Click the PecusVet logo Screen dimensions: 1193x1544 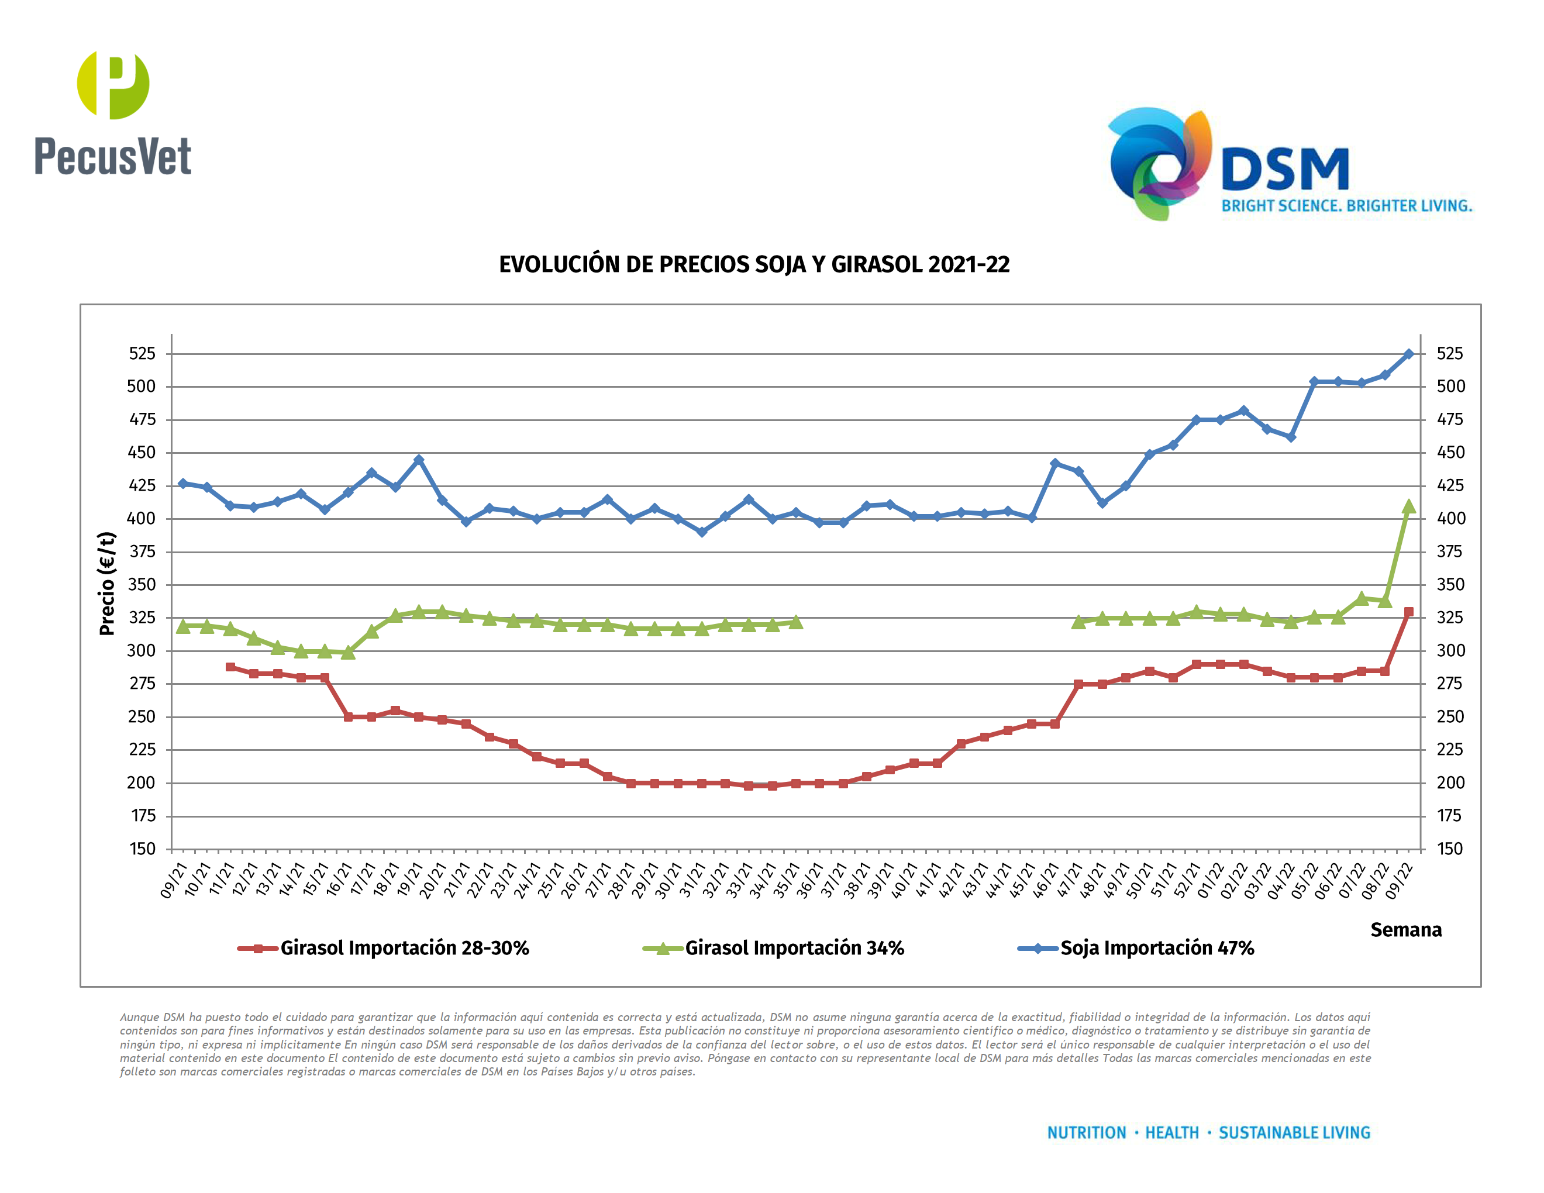pyautogui.click(x=113, y=113)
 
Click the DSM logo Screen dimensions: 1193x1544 pyautogui.click(x=1230, y=164)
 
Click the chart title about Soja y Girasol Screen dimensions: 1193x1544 pyautogui.click(x=754, y=264)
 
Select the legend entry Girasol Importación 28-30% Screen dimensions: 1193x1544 pyautogui.click(x=404, y=948)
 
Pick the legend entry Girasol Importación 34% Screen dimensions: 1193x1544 pyautogui.click(x=794, y=948)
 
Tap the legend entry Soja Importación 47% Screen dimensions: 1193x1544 pyautogui.click(x=1157, y=948)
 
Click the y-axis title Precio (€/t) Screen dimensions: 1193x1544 pyautogui.click(x=107, y=584)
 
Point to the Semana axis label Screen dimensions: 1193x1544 pyautogui.click(x=1405, y=929)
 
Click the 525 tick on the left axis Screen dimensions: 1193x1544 pyautogui.click(x=142, y=353)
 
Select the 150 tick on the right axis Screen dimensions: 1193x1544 pyautogui.click(x=1449, y=849)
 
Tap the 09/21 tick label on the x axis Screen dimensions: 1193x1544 pyautogui.click(x=174, y=880)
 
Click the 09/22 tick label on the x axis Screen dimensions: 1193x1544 pyautogui.click(x=1400, y=880)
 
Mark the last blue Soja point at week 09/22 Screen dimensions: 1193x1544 pyautogui.click(x=1408, y=354)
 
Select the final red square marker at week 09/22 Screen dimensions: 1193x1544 pyautogui.click(x=1408, y=612)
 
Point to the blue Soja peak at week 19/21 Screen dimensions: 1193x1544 pyautogui.click(x=419, y=460)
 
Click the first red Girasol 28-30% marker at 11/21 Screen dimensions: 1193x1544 pyautogui.click(x=230, y=667)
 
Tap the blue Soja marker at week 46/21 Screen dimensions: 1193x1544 pyautogui.click(x=1055, y=464)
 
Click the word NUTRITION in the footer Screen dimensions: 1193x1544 pyautogui.click(x=1086, y=1133)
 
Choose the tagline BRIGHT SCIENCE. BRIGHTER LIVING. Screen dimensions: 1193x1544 pyautogui.click(x=1347, y=206)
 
